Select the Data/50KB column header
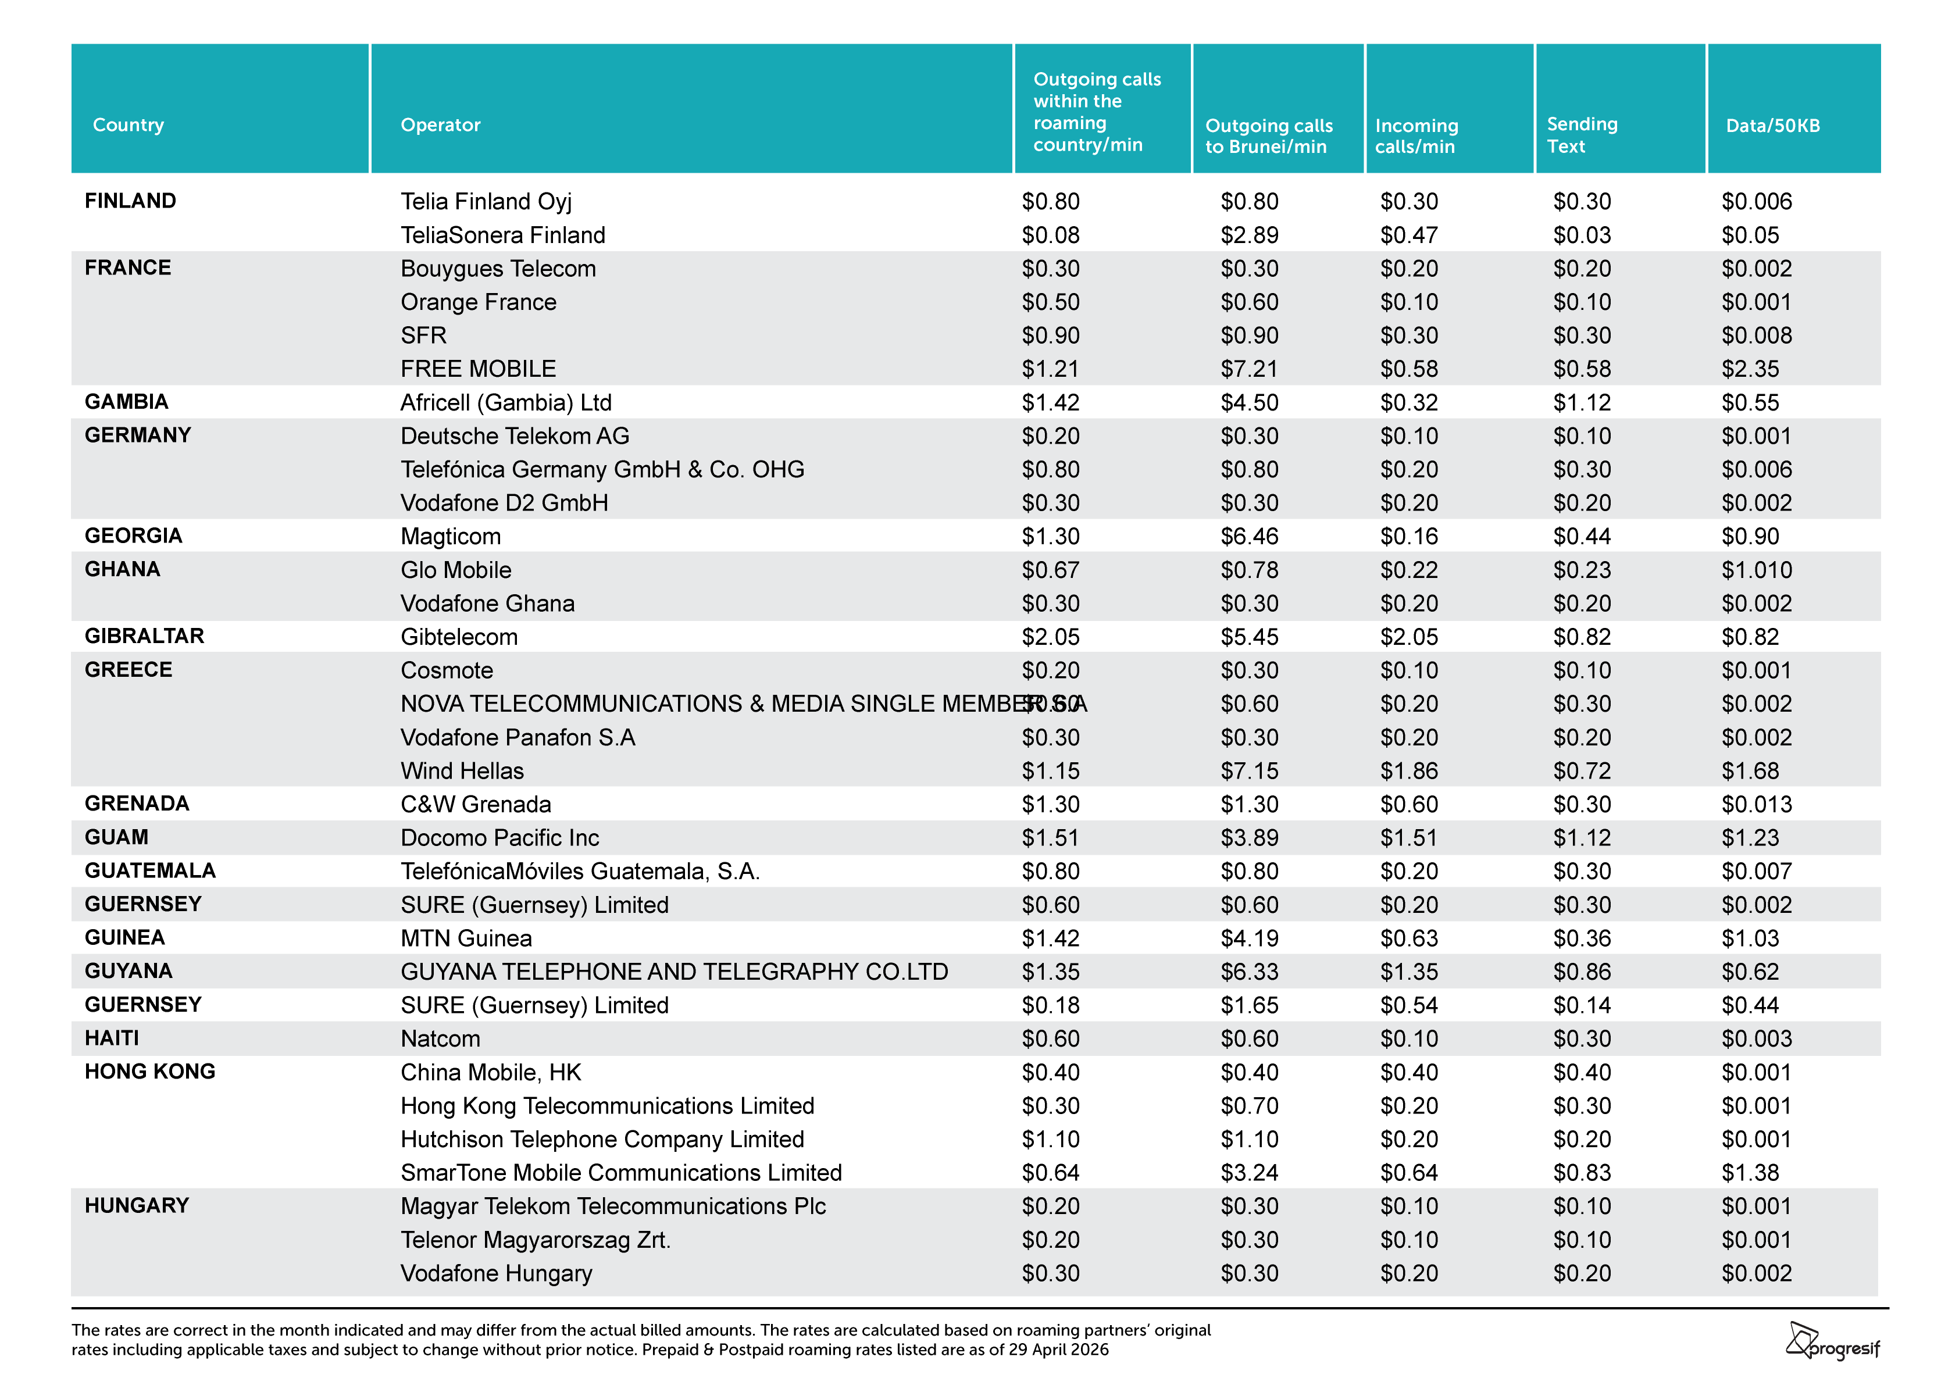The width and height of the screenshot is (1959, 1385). click(x=1772, y=126)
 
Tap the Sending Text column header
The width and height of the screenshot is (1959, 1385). click(x=1582, y=135)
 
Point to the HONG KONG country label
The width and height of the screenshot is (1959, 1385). click(x=150, y=1071)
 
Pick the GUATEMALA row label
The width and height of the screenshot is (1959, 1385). click(x=150, y=870)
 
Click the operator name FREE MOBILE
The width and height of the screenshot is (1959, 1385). click(x=478, y=369)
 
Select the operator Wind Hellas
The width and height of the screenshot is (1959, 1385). click(x=462, y=770)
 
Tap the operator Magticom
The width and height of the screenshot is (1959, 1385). click(x=451, y=536)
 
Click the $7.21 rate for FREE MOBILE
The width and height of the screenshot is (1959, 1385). click(x=1249, y=369)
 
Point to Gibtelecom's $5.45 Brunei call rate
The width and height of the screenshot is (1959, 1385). click(x=1249, y=637)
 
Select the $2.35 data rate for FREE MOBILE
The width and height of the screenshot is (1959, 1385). click(x=1750, y=369)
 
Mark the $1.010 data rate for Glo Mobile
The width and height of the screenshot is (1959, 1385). click(x=1757, y=569)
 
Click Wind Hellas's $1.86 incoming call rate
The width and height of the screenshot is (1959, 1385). click(x=1409, y=770)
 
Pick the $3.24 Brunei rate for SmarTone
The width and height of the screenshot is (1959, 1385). click(x=1249, y=1173)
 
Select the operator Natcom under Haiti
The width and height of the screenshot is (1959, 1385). click(x=440, y=1038)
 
